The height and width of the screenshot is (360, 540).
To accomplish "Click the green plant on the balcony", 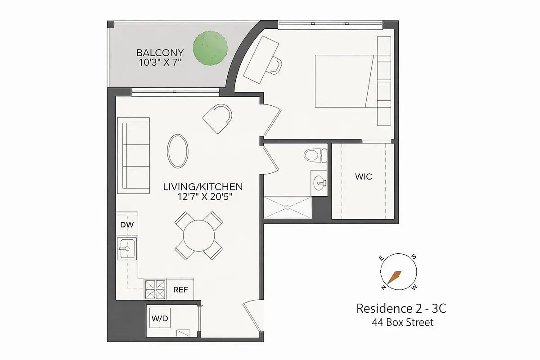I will click(x=210, y=47).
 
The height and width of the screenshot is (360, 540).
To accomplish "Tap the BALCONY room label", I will click(x=160, y=53).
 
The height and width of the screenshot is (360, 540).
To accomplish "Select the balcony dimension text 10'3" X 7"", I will click(x=160, y=63).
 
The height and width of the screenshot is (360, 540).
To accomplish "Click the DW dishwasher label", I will click(x=127, y=225).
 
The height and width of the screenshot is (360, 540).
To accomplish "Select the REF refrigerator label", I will click(x=180, y=290).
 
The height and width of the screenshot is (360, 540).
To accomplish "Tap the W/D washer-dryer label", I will click(x=159, y=319).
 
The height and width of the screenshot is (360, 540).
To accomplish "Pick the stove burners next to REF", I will click(x=155, y=289).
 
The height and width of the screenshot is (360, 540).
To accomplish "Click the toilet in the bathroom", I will click(x=315, y=156).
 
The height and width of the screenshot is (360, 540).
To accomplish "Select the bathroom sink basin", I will click(x=320, y=182).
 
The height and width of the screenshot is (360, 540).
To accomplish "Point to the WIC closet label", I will click(x=363, y=176).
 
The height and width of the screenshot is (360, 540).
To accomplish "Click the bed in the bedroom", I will click(x=344, y=81).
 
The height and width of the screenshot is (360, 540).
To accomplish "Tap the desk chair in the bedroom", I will click(x=274, y=66).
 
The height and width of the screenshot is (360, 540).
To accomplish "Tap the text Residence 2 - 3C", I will click(x=401, y=309).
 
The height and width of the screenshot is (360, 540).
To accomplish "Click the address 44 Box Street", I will click(x=402, y=322).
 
